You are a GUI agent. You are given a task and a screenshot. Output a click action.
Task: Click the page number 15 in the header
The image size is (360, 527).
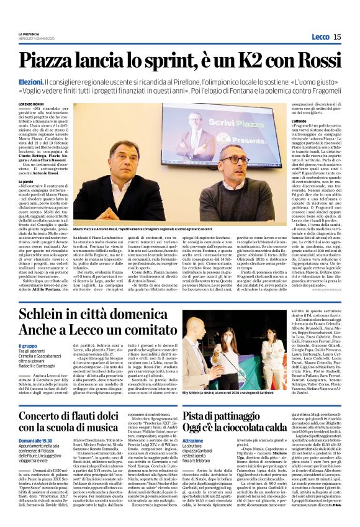(x=337, y=37)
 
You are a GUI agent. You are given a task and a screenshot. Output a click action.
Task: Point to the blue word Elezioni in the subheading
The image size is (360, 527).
(x=30, y=81)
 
